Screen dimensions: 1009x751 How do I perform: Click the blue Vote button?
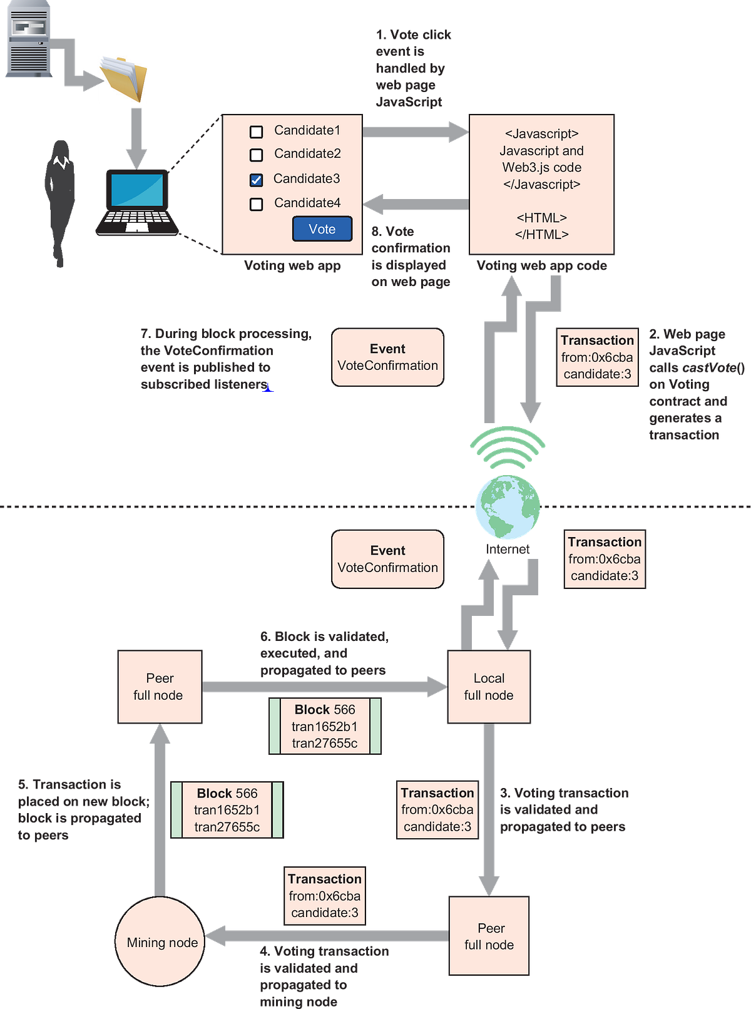pos(322,229)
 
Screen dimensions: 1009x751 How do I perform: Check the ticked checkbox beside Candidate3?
pos(256,180)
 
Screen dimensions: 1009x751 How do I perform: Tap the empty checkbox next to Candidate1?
pos(256,131)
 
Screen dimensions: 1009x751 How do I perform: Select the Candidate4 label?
pos(307,203)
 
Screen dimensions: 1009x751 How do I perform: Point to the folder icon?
pos(123,79)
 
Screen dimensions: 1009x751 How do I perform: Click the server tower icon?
pos(29,40)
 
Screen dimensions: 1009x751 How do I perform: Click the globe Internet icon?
pos(507,508)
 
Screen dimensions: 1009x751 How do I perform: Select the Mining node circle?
pos(160,940)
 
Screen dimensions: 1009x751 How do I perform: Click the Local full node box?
pos(488,687)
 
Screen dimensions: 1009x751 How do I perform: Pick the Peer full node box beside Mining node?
pos(489,936)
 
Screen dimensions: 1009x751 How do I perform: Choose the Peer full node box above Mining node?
pos(160,687)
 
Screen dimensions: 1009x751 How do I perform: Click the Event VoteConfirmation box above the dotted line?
pos(387,357)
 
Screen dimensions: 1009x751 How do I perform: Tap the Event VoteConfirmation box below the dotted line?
pos(387,559)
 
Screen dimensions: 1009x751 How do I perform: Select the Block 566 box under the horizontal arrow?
pos(325,726)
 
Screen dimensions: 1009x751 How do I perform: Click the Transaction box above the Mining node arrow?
pos(324,896)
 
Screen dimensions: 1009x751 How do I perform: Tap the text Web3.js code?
pos(541,167)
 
